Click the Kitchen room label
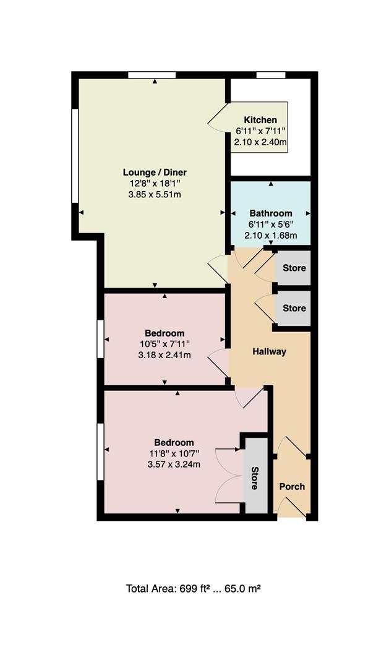click(260, 120)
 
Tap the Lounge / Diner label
click(155, 173)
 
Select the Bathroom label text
click(270, 213)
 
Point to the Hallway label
click(269, 352)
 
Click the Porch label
click(292, 487)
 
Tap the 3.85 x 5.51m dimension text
click(155, 195)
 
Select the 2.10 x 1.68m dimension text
click(270, 235)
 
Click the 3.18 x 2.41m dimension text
click(165, 355)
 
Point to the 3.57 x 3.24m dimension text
click(174, 465)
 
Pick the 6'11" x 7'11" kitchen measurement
click(260, 131)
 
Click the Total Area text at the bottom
click(194, 589)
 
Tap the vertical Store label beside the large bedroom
click(254, 478)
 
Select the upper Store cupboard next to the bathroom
click(294, 268)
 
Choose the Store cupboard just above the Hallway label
click(294, 308)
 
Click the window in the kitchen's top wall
click(271, 75)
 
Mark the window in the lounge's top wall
click(152, 75)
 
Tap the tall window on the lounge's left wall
click(75, 155)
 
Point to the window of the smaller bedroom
click(101, 339)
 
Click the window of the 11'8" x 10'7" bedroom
click(101, 452)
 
